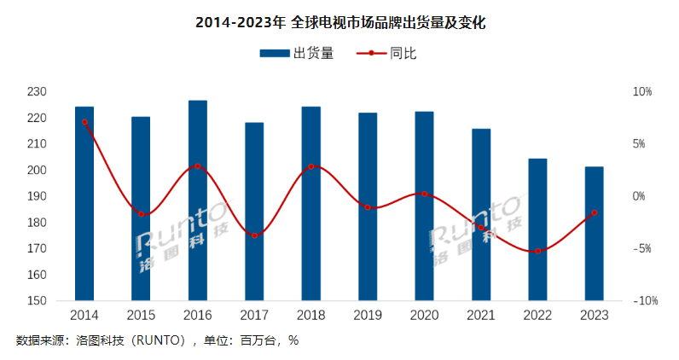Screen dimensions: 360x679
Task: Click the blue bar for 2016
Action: (x=198, y=200)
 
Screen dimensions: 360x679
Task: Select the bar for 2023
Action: (x=595, y=234)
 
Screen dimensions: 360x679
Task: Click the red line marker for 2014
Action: (x=84, y=122)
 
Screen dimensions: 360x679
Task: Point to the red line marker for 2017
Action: (x=254, y=235)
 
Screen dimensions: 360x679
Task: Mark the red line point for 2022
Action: (x=537, y=251)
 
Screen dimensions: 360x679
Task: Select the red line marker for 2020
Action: (x=424, y=194)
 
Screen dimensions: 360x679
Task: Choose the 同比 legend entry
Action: (x=387, y=53)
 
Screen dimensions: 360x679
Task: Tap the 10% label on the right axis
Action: (x=641, y=91)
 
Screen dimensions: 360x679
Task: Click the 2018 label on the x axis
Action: (x=310, y=316)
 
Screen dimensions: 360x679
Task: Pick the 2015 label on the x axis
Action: (x=141, y=316)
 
